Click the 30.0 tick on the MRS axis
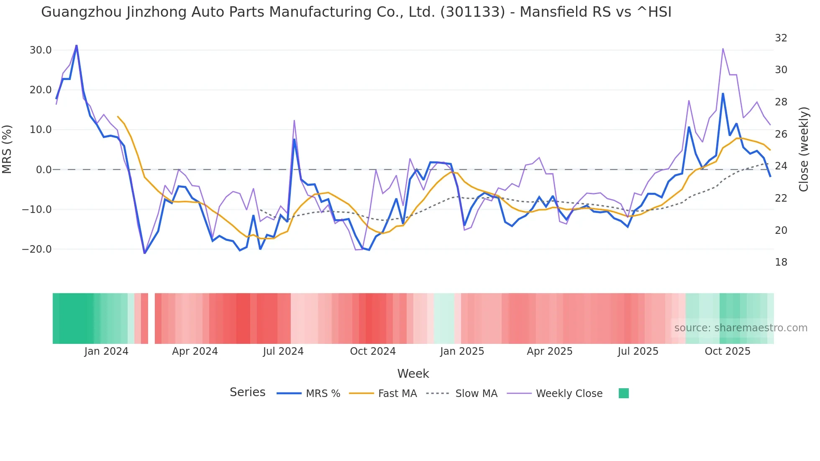(x=41, y=50)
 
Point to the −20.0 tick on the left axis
(x=37, y=249)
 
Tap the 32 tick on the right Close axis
(x=781, y=38)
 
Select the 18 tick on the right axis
(x=781, y=262)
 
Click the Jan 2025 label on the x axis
(x=462, y=351)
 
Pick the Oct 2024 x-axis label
(x=373, y=351)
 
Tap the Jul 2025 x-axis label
(x=638, y=351)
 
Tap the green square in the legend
(x=623, y=393)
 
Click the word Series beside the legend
(x=247, y=392)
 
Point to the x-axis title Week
(x=413, y=374)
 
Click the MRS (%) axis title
(x=7, y=149)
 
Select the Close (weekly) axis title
(x=803, y=149)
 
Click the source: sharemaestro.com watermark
(x=741, y=328)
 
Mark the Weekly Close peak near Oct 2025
(x=723, y=49)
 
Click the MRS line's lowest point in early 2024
(x=145, y=253)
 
